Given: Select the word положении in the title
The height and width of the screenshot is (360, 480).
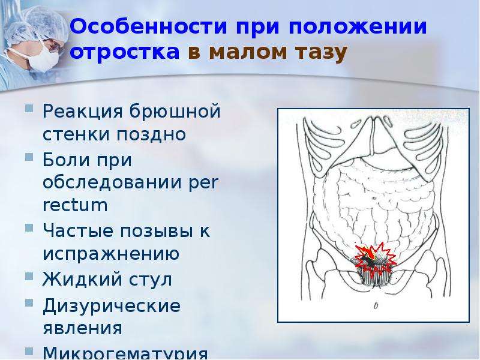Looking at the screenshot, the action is point(358,28).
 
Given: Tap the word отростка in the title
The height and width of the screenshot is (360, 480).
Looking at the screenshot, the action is point(125,52).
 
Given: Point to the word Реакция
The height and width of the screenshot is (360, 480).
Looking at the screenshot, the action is point(82,112).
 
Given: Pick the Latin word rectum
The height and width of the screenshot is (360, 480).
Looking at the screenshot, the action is point(76,205).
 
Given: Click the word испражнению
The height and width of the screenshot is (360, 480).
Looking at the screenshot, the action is point(111,254).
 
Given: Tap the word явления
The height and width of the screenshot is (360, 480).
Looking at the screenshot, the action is point(82,328).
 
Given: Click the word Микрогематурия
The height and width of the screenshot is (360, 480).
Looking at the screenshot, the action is point(125,353).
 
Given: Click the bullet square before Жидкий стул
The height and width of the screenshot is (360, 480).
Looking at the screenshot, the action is point(29,277).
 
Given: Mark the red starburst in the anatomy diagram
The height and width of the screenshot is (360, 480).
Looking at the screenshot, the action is point(376,258).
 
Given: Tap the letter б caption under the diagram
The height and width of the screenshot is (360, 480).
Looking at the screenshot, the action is point(376,305).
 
